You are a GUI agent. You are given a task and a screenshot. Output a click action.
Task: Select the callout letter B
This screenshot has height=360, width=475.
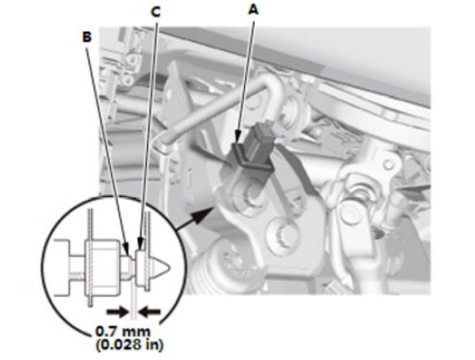tap(87, 36)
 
